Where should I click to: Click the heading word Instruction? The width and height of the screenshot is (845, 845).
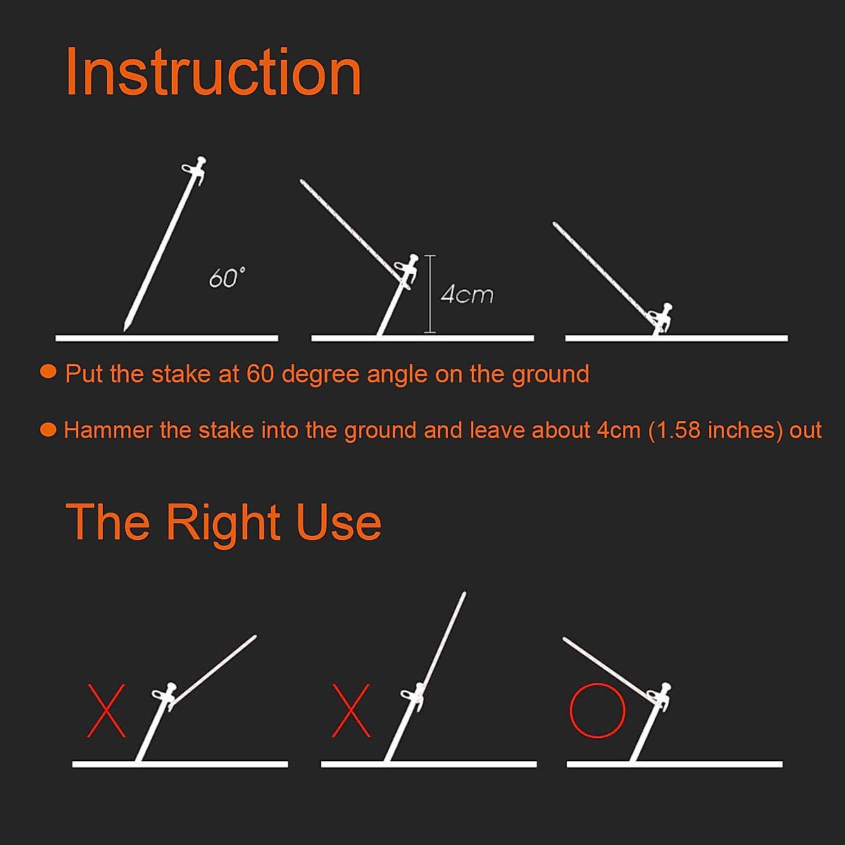point(213,73)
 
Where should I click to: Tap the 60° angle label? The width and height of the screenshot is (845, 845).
point(227,278)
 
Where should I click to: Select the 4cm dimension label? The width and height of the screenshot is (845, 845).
point(467,294)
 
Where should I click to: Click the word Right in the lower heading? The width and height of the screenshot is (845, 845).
point(223,523)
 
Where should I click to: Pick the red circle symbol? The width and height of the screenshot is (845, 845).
point(597,710)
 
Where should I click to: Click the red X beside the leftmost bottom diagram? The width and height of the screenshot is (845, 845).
point(106,711)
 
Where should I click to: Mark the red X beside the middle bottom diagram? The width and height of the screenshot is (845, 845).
point(351,711)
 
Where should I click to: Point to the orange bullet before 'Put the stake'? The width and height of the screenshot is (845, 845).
point(48,372)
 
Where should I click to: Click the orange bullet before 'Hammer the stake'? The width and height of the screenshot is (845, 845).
point(48,429)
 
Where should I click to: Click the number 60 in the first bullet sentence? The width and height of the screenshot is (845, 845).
point(260,374)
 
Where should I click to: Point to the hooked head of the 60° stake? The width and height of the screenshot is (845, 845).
point(196,168)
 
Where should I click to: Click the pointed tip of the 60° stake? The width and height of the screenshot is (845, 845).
point(126,327)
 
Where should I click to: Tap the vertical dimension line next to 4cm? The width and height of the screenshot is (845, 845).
point(430,294)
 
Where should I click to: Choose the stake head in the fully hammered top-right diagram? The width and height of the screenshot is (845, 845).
point(663,315)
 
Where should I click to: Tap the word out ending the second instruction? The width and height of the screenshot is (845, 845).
point(806,430)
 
